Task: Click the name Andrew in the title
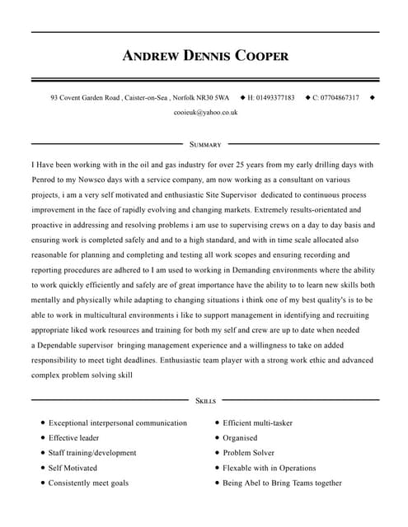[x=150, y=57]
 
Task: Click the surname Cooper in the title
[x=261, y=57]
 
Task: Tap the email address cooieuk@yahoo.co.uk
[x=205, y=112]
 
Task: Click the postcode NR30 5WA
[x=213, y=98]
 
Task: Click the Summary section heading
[x=205, y=144]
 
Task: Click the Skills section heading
[x=205, y=401]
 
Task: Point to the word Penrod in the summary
[x=48, y=179]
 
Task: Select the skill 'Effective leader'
[x=73, y=438]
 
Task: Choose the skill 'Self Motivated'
[x=73, y=468]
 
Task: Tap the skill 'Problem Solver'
[x=248, y=453]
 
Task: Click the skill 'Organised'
[x=240, y=438]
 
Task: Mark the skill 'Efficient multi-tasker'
[x=257, y=423]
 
